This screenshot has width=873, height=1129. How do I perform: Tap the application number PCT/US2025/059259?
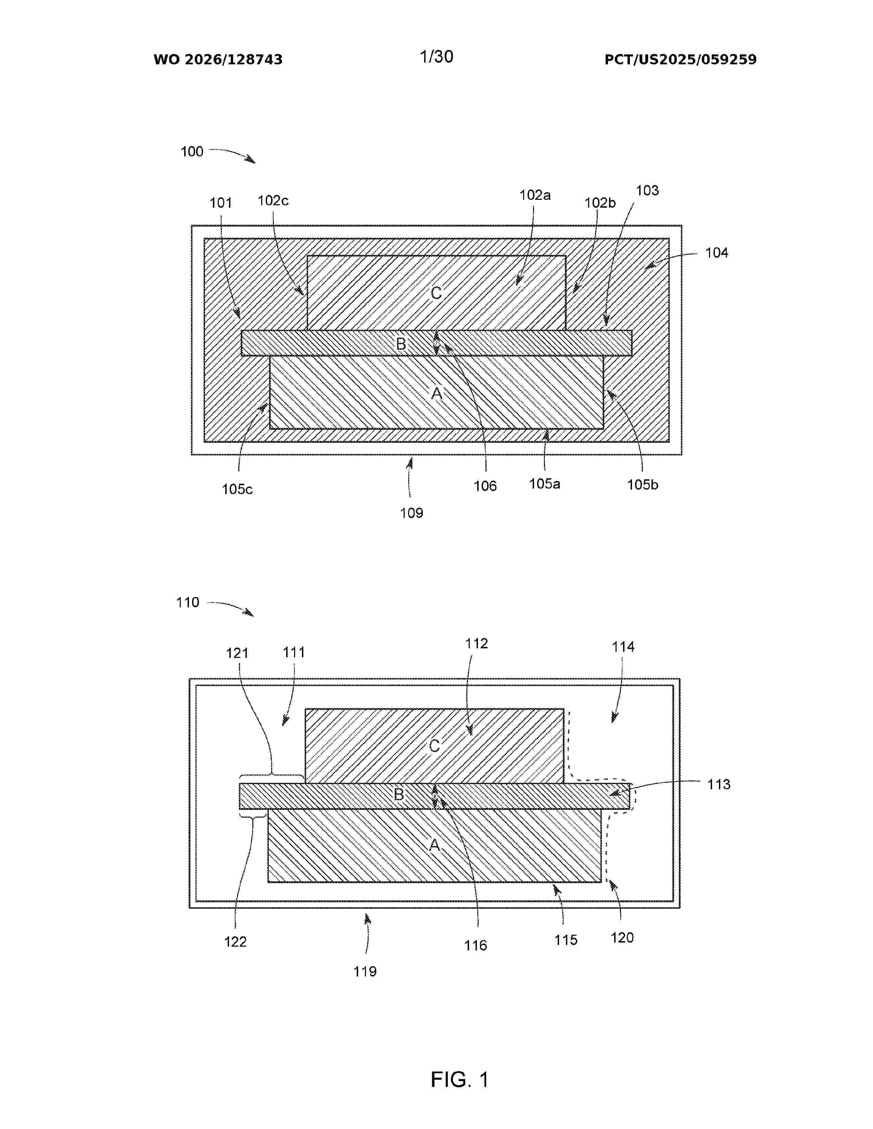point(680,60)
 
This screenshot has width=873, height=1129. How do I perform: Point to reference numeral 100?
point(192,152)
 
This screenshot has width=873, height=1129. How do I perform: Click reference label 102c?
point(273,200)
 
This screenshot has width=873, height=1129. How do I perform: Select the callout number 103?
point(647,191)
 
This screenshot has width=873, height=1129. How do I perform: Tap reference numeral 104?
point(717,253)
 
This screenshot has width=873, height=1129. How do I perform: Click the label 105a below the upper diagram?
point(545,484)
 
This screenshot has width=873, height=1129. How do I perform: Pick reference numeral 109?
point(412,513)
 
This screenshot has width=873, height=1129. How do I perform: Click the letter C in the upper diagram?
point(436,293)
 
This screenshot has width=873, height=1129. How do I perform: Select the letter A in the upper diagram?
point(436,393)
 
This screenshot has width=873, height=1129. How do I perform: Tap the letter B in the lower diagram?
point(399,794)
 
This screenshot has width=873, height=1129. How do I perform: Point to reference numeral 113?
point(719,784)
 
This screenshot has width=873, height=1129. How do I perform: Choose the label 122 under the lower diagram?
point(235,942)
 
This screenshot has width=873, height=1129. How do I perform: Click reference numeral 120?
point(622,938)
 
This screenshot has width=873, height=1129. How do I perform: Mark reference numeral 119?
point(365,972)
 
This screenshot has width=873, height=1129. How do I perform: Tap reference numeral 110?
point(188,602)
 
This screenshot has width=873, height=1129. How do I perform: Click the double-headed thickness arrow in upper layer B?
point(436,343)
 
